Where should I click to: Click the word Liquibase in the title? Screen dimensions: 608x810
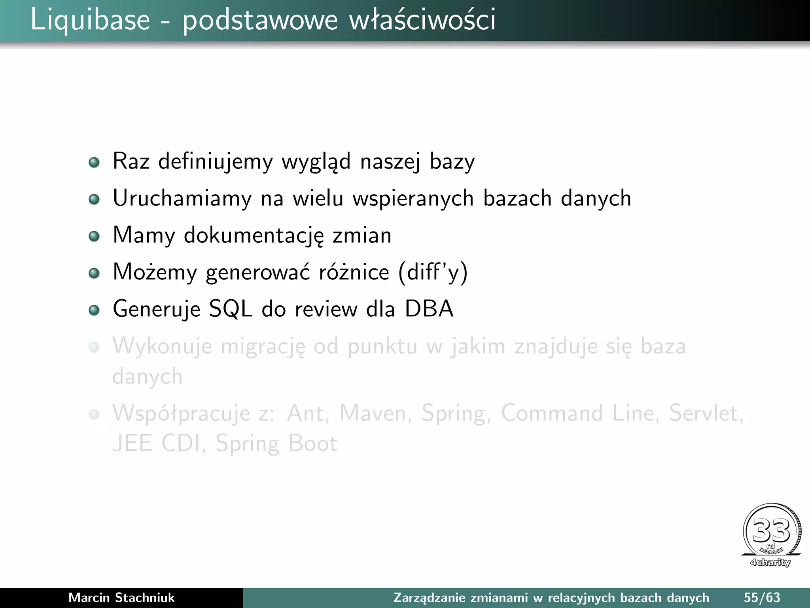click(90, 20)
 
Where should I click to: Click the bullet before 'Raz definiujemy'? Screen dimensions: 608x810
click(94, 162)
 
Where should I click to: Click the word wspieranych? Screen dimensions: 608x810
click(413, 198)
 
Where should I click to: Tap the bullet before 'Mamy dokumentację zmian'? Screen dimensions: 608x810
click(94, 236)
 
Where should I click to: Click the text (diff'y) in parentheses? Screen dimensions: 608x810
click(433, 272)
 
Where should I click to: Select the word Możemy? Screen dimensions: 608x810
click(155, 272)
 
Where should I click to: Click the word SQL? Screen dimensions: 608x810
click(231, 309)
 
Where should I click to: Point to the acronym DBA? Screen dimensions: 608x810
click(429, 309)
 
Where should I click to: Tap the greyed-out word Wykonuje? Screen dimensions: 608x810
click(162, 346)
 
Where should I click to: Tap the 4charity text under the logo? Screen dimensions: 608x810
click(770, 562)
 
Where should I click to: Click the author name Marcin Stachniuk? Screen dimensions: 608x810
click(121, 598)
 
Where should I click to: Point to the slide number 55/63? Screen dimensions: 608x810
click(762, 598)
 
